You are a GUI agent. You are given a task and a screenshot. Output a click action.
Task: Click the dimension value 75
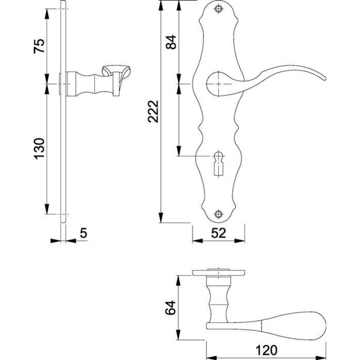(x=39, y=46)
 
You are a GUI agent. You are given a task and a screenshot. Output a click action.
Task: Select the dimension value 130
(x=39, y=148)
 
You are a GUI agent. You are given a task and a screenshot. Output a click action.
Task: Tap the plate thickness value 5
(x=84, y=233)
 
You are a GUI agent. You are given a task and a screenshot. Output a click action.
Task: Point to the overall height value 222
(x=153, y=111)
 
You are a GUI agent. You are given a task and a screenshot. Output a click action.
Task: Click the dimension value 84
(x=171, y=42)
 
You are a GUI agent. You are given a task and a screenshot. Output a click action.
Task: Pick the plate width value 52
(x=219, y=233)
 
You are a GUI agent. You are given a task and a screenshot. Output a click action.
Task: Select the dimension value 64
(x=171, y=308)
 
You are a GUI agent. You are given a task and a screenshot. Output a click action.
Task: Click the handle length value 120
(x=266, y=351)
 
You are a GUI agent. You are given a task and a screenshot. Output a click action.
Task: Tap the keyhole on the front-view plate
(x=219, y=163)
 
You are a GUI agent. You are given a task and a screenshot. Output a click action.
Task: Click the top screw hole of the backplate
(x=219, y=9)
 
